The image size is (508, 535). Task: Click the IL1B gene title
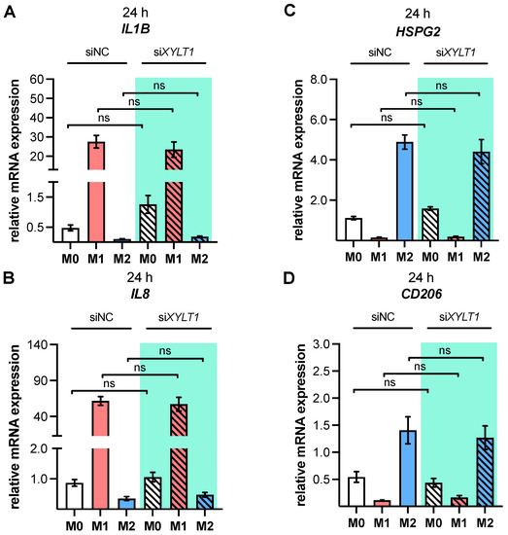coord(136,29)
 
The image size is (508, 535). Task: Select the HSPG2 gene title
coord(418,32)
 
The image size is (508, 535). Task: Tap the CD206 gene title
coord(422,294)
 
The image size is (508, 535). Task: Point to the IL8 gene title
coord(140,294)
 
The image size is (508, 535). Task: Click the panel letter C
coord(289,11)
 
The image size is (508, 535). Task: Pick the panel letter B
coord(9,278)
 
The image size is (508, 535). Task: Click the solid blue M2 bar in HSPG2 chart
coord(404,192)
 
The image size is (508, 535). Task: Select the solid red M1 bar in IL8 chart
coord(100,455)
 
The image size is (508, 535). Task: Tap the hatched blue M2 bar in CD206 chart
coord(485,472)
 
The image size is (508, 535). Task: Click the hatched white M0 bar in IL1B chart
coord(148,223)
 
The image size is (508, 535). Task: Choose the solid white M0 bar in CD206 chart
coord(356,491)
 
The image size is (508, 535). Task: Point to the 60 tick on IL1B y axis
coord(37,79)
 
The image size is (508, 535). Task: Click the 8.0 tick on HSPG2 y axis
coord(319,80)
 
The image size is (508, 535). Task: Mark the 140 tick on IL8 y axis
coord(41,344)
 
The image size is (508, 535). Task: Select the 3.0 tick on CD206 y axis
coord(322,344)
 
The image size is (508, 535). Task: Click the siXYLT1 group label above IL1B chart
coord(174,52)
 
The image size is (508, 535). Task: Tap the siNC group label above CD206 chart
coord(383,317)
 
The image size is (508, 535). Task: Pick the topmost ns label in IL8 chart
coord(165,351)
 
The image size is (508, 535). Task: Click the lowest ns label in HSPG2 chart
coord(387,118)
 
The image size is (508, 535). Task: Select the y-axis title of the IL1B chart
coord(15,160)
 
